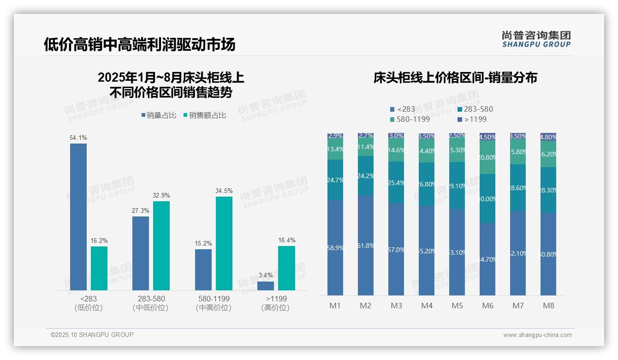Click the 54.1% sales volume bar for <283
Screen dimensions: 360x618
pos(78,216)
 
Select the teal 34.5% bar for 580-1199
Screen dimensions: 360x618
pos(224,243)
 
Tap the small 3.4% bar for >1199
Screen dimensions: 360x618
pos(266,286)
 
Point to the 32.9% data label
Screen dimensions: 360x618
pos(161,196)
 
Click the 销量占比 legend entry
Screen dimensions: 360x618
pos(159,115)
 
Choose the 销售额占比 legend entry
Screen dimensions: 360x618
pos(204,115)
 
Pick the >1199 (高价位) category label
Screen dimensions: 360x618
pos(275,303)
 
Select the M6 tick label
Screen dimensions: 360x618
pos(487,306)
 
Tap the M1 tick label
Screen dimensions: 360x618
pos(335,306)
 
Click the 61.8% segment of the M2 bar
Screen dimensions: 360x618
pos(366,246)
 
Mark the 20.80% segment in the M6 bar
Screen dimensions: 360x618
pos(487,157)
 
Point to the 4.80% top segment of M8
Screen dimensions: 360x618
pos(548,137)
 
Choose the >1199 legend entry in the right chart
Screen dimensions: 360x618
pos(472,120)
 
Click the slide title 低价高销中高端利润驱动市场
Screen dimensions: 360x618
pos(139,44)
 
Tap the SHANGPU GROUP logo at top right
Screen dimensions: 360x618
pos(536,39)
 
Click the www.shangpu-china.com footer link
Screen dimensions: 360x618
pos(537,335)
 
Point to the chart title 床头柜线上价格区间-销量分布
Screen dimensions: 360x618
pos(455,78)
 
